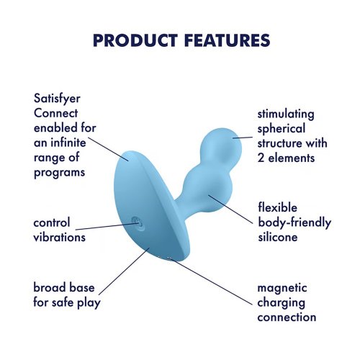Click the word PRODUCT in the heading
(x=135, y=40)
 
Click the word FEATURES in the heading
(x=228, y=40)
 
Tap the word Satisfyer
(x=57, y=99)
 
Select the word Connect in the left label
(x=55, y=113)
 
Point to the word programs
(x=60, y=173)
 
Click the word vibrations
(x=60, y=238)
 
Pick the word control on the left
(x=52, y=222)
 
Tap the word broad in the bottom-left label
(x=49, y=287)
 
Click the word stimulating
(x=286, y=114)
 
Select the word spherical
(x=282, y=130)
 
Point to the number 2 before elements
(x=261, y=158)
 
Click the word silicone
(x=278, y=237)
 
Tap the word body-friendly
(x=294, y=222)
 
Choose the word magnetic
(x=282, y=288)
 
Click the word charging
(x=282, y=303)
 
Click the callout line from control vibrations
(x=107, y=227)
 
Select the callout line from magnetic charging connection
(x=211, y=282)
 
